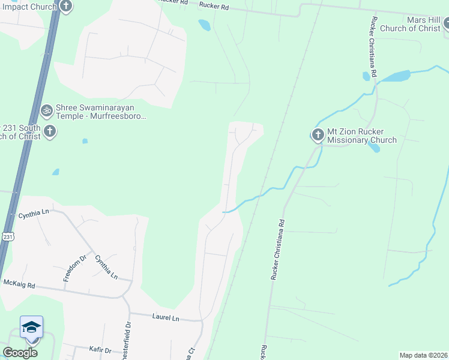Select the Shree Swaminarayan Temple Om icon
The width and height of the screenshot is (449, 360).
tap(46, 110)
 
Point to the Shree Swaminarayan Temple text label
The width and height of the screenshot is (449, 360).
tap(101, 112)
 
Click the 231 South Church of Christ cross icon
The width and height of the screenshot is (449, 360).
tap(50, 131)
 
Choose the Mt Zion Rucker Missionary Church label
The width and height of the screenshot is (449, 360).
tap(361, 136)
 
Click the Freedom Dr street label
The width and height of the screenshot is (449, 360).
tap(76, 268)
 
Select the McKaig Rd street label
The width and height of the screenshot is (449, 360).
tap(19, 283)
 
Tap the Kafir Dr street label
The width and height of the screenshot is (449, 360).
tap(99, 350)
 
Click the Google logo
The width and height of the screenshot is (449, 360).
tap(20, 353)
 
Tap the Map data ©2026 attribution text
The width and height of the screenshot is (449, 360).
tap(423, 355)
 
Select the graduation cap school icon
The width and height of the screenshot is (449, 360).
tap(31, 328)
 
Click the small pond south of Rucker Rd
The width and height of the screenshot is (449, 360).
tap(205, 25)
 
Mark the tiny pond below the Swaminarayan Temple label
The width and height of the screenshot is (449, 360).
tap(85, 142)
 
